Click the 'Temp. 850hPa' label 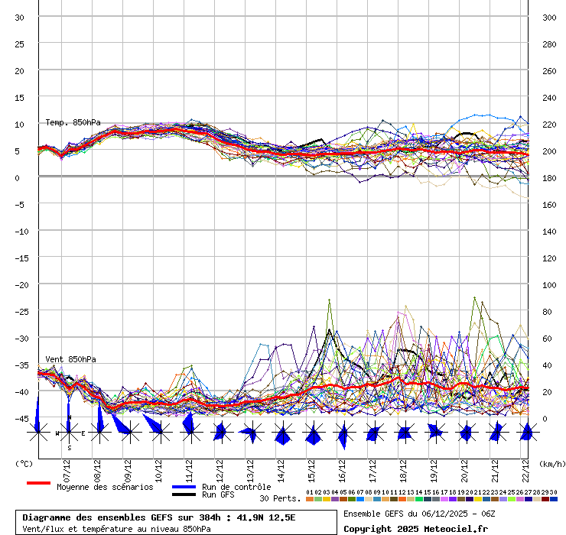click(73, 122)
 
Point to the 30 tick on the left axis click(20, 17)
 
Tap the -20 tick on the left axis click(20, 284)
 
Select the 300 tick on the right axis click(549, 17)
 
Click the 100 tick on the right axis click(549, 284)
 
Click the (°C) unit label click(24, 463)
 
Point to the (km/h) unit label click(551, 463)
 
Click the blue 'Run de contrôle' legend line click(184, 487)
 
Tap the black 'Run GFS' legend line click(184, 494)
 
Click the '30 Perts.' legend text click(280, 498)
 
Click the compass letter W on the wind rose click(57, 433)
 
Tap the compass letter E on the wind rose click(83, 433)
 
